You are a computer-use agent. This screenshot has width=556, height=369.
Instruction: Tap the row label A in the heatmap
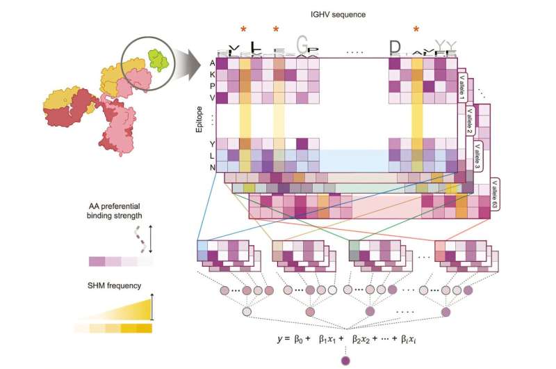click(212, 63)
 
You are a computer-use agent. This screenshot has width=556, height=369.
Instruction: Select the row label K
click(212, 74)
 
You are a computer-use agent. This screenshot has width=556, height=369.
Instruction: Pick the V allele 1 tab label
click(462, 87)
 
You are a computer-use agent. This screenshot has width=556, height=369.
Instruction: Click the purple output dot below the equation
click(345, 360)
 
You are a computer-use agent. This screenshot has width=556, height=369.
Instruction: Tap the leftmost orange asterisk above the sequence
click(243, 29)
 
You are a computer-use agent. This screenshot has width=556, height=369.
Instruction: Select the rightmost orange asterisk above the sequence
click(416, 29)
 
